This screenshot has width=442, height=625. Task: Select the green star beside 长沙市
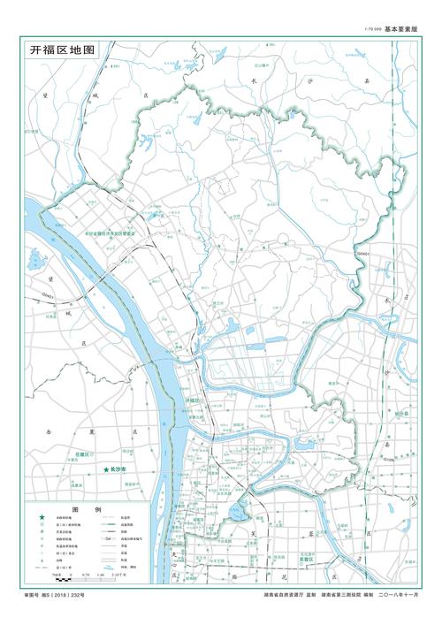[106, 469]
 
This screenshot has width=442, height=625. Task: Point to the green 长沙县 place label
[400, 413]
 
